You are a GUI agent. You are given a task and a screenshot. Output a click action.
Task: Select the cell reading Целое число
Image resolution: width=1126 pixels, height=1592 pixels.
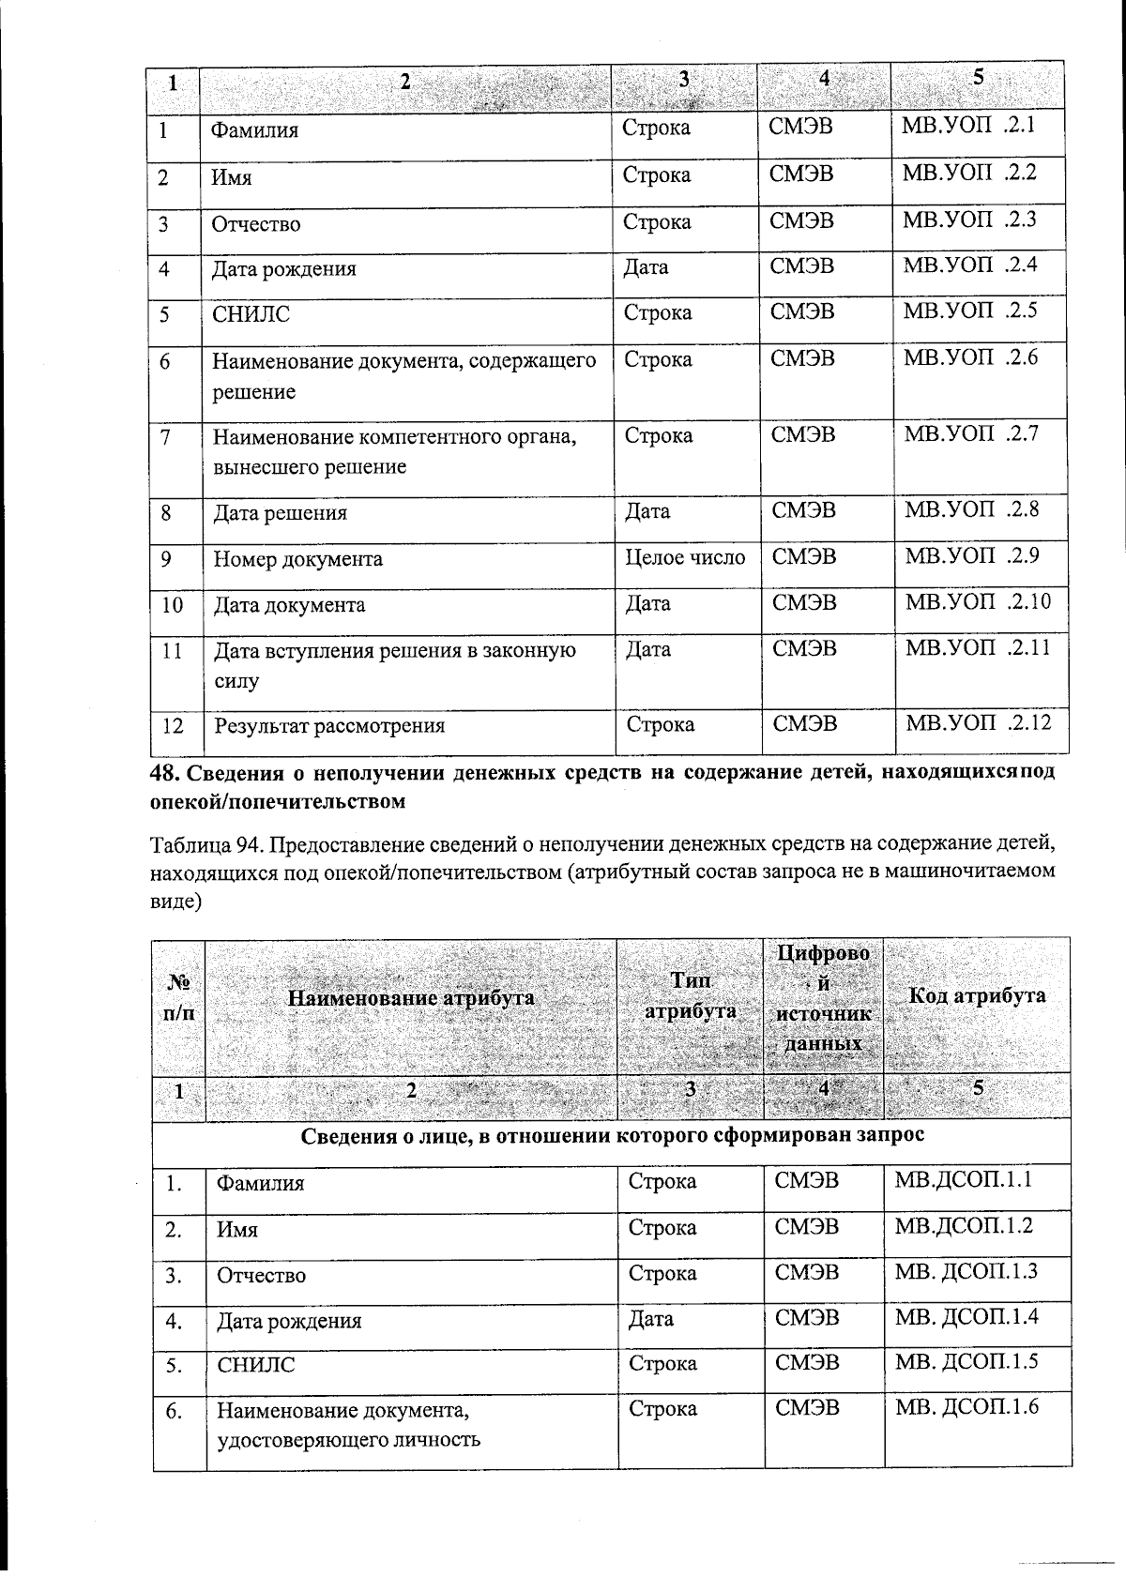686,558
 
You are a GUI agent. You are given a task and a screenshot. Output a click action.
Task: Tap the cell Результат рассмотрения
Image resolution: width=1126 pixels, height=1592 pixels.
329,725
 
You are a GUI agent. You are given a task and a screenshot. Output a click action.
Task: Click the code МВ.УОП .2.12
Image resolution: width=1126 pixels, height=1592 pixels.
976,722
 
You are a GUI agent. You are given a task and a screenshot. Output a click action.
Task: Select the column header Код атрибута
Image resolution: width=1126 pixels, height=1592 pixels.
977,996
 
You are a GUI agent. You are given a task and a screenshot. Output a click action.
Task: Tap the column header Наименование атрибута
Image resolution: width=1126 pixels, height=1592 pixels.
410,998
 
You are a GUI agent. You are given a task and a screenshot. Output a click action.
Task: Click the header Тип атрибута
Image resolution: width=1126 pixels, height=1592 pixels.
690,996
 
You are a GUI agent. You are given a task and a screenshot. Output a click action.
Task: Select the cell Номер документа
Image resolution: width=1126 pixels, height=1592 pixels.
298,560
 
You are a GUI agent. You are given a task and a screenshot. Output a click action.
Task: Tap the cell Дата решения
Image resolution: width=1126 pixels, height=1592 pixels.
281,513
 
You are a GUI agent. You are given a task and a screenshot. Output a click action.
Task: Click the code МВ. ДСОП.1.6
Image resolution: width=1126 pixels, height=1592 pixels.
966,1406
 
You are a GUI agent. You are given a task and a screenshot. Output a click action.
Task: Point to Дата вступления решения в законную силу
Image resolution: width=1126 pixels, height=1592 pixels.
394,665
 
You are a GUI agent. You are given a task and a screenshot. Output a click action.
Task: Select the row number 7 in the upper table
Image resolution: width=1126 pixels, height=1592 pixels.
166,436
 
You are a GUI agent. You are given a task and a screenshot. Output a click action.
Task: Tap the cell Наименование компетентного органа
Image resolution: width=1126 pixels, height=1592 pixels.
394,450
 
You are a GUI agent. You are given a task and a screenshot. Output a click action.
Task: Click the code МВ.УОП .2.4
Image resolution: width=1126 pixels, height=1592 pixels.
970,265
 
